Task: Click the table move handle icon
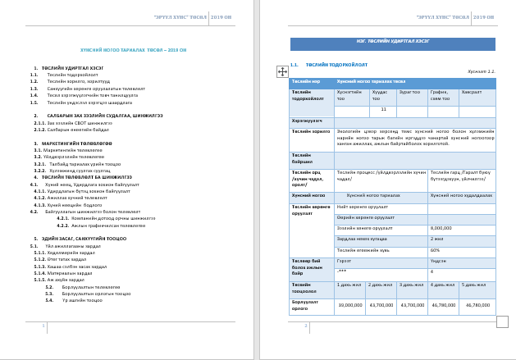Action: click(x=282, y=71)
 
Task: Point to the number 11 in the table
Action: click(x=383, y=109)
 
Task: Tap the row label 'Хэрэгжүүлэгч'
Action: click(x=308, y=120)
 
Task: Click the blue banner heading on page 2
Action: click(x=393, y=44)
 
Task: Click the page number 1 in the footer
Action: click(x=43, y=326)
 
